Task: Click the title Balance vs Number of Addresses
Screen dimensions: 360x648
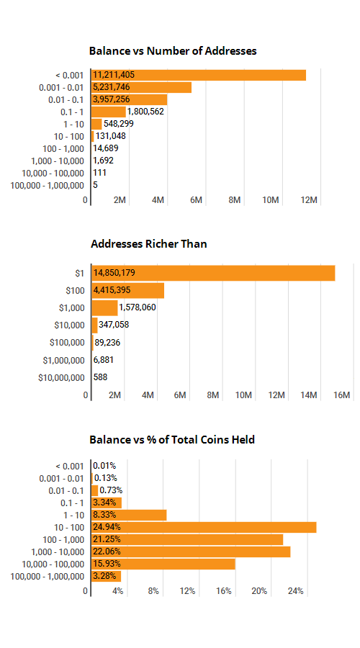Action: (x=173, y=51)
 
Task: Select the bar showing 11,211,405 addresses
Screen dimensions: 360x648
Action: (x=199, y=75)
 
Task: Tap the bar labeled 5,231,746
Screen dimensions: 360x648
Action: (x=141, y=88)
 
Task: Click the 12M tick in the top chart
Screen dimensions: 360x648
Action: (x=309, y=200)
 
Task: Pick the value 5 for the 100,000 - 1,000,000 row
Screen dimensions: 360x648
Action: (x=96, y=185)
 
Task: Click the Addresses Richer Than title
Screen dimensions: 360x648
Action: (x=149, y=244)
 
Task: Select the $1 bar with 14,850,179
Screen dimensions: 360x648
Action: (x=213, y=273)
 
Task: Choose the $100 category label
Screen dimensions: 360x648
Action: (x=75, y=291)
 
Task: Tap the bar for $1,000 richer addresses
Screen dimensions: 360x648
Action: (x=104, y=308)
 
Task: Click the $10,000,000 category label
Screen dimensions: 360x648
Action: (x=62, y=377)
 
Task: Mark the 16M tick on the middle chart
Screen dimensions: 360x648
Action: (x=341, y=395)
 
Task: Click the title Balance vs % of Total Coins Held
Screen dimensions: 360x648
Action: (x=172, y=439)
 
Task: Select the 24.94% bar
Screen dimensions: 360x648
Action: (x=204, y=527)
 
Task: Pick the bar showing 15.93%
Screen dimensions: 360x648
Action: (x=163, y=564)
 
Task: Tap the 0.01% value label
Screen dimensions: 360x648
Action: (x=104, y=466)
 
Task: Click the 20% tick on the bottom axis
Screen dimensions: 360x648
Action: (x=260, y=591)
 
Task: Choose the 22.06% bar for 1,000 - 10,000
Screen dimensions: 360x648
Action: (x=191, y=552)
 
